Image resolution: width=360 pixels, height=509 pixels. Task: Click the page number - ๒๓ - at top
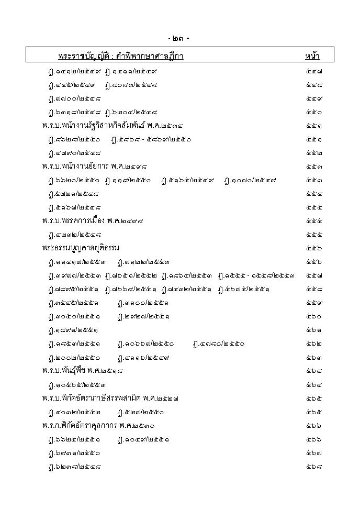(179, 39)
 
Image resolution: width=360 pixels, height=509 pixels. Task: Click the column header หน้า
(312, 56)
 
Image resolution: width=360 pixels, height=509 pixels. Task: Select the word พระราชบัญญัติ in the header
(84, 56)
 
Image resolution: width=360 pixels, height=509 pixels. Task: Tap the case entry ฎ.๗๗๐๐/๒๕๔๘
(74, 98)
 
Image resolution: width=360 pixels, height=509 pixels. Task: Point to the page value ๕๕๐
(314, 112)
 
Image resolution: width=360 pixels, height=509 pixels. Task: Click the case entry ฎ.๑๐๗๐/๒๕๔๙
(250, 180)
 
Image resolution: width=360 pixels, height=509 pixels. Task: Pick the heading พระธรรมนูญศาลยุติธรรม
(81, 248)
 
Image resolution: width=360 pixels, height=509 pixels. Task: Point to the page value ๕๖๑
(314, 330)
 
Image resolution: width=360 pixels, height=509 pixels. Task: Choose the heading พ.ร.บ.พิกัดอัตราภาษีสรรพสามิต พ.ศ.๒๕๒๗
(110, 398)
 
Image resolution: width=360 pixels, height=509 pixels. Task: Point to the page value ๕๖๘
(314, 466)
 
